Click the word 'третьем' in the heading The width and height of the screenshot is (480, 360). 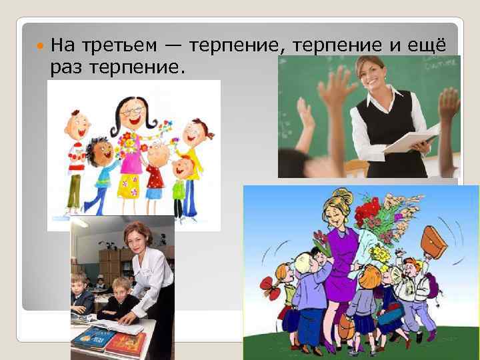(120, 45)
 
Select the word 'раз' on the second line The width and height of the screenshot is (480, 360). (68, 67)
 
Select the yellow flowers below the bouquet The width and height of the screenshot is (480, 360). (379, 253)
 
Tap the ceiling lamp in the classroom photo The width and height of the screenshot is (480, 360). (80, 223)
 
